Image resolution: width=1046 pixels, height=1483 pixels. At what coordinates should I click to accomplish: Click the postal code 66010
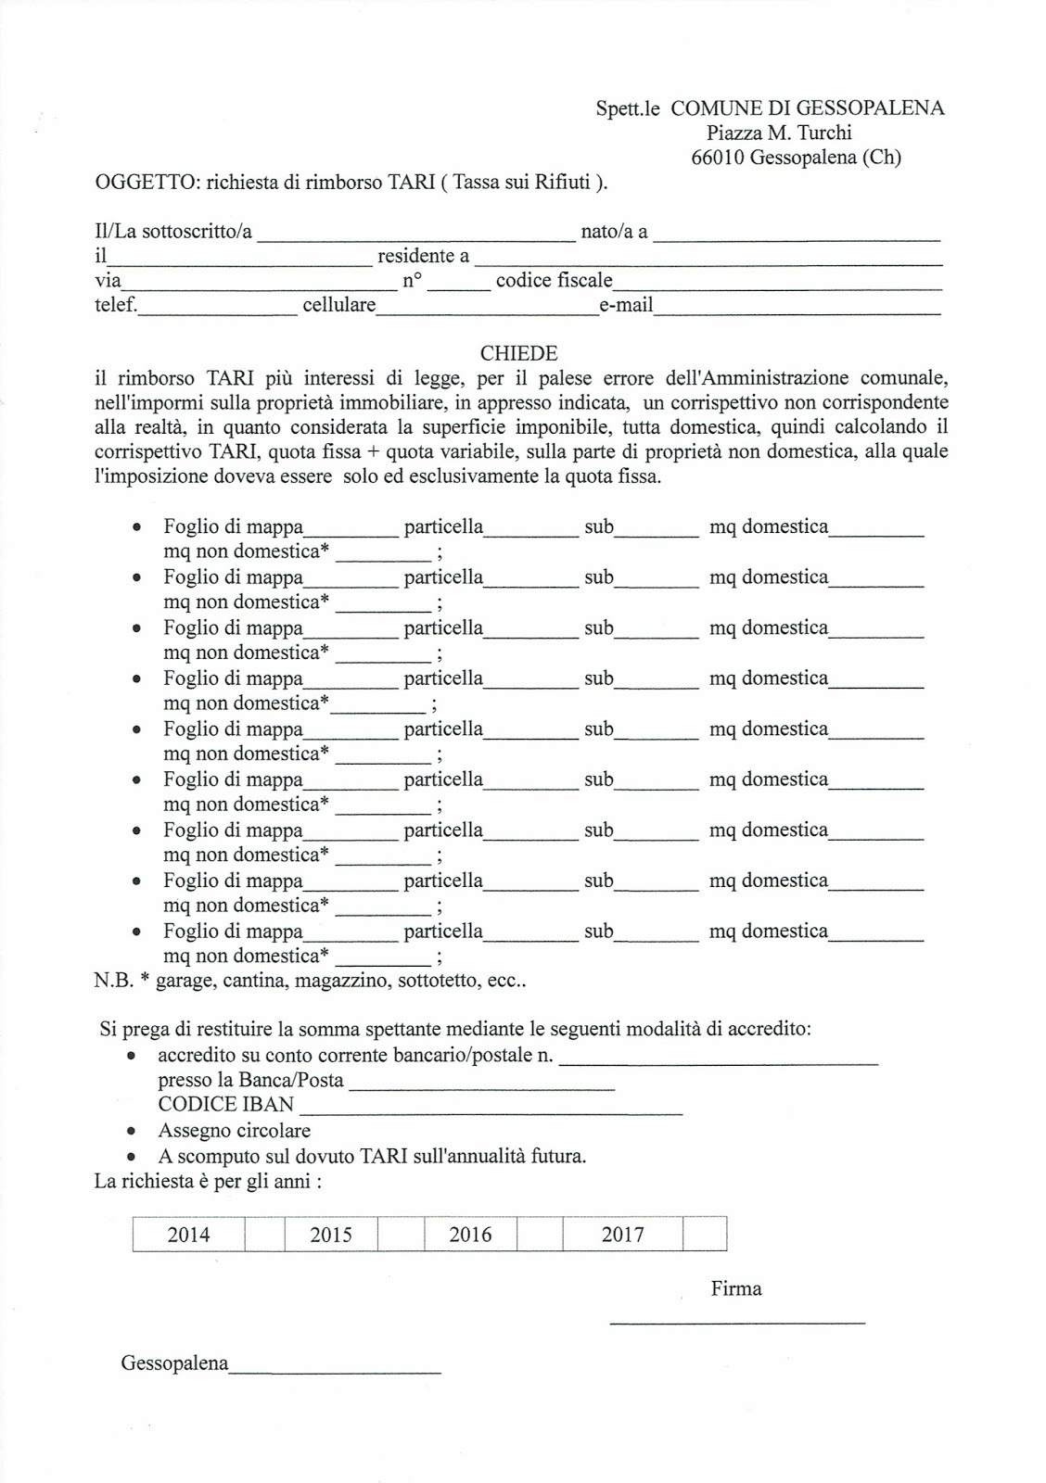point(718,158)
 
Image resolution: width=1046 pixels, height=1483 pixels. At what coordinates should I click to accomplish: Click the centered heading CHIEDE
point(518,353)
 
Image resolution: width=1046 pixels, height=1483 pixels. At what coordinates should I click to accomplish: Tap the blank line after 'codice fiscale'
point(777,287)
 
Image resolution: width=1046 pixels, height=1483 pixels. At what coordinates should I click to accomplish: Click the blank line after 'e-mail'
point(797,312)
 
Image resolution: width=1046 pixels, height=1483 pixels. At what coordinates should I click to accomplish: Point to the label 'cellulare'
point(338,305)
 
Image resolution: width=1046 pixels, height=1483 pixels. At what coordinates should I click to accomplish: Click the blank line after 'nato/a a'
point(797,238)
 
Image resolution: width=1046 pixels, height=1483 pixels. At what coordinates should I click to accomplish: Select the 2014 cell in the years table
point(188,1235)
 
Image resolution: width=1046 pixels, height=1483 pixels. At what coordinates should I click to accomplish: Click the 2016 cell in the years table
point(470,1235)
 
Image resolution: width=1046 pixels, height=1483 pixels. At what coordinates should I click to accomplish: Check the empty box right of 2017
point(704,1235)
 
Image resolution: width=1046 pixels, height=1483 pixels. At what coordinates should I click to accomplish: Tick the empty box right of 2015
point(401,1235)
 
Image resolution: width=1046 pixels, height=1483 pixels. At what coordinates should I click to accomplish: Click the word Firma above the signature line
point(736,1288)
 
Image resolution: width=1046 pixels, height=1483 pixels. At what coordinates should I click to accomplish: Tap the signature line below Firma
point(736,1322)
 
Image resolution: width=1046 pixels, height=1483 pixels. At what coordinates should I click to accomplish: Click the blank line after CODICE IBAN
point(491,1110)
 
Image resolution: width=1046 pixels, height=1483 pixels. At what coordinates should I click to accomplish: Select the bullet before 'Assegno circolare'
point(133,1132)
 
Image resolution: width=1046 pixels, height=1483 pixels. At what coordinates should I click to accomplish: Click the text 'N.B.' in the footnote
point(114,981)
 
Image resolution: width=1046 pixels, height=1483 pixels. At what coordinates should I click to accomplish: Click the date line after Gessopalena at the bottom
point(335,1371)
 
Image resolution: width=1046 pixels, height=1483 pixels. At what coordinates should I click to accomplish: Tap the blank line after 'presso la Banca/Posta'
point(481,1086)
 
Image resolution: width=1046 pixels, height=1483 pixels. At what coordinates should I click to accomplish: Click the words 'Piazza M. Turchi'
point(779,133)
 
